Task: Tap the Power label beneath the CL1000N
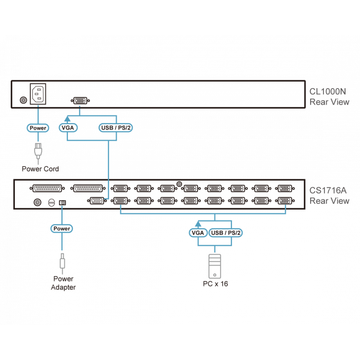tap(37, 128)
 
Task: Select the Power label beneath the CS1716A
tap(62, 229)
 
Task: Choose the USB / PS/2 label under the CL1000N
tap(116, 128)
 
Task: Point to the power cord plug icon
tap(38, 151)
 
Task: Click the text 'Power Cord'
tap(40, 169)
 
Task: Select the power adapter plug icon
tap(62, 261)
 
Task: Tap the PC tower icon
tap(215, 266)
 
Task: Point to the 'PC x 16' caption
tap(215, 285)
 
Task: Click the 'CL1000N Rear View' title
tap(329, 97)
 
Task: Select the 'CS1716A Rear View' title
tap(329, 195)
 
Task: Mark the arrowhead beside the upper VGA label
tap(67, 118)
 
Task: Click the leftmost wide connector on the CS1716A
tap(46, 189)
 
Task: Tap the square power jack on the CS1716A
tap(63, 203)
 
